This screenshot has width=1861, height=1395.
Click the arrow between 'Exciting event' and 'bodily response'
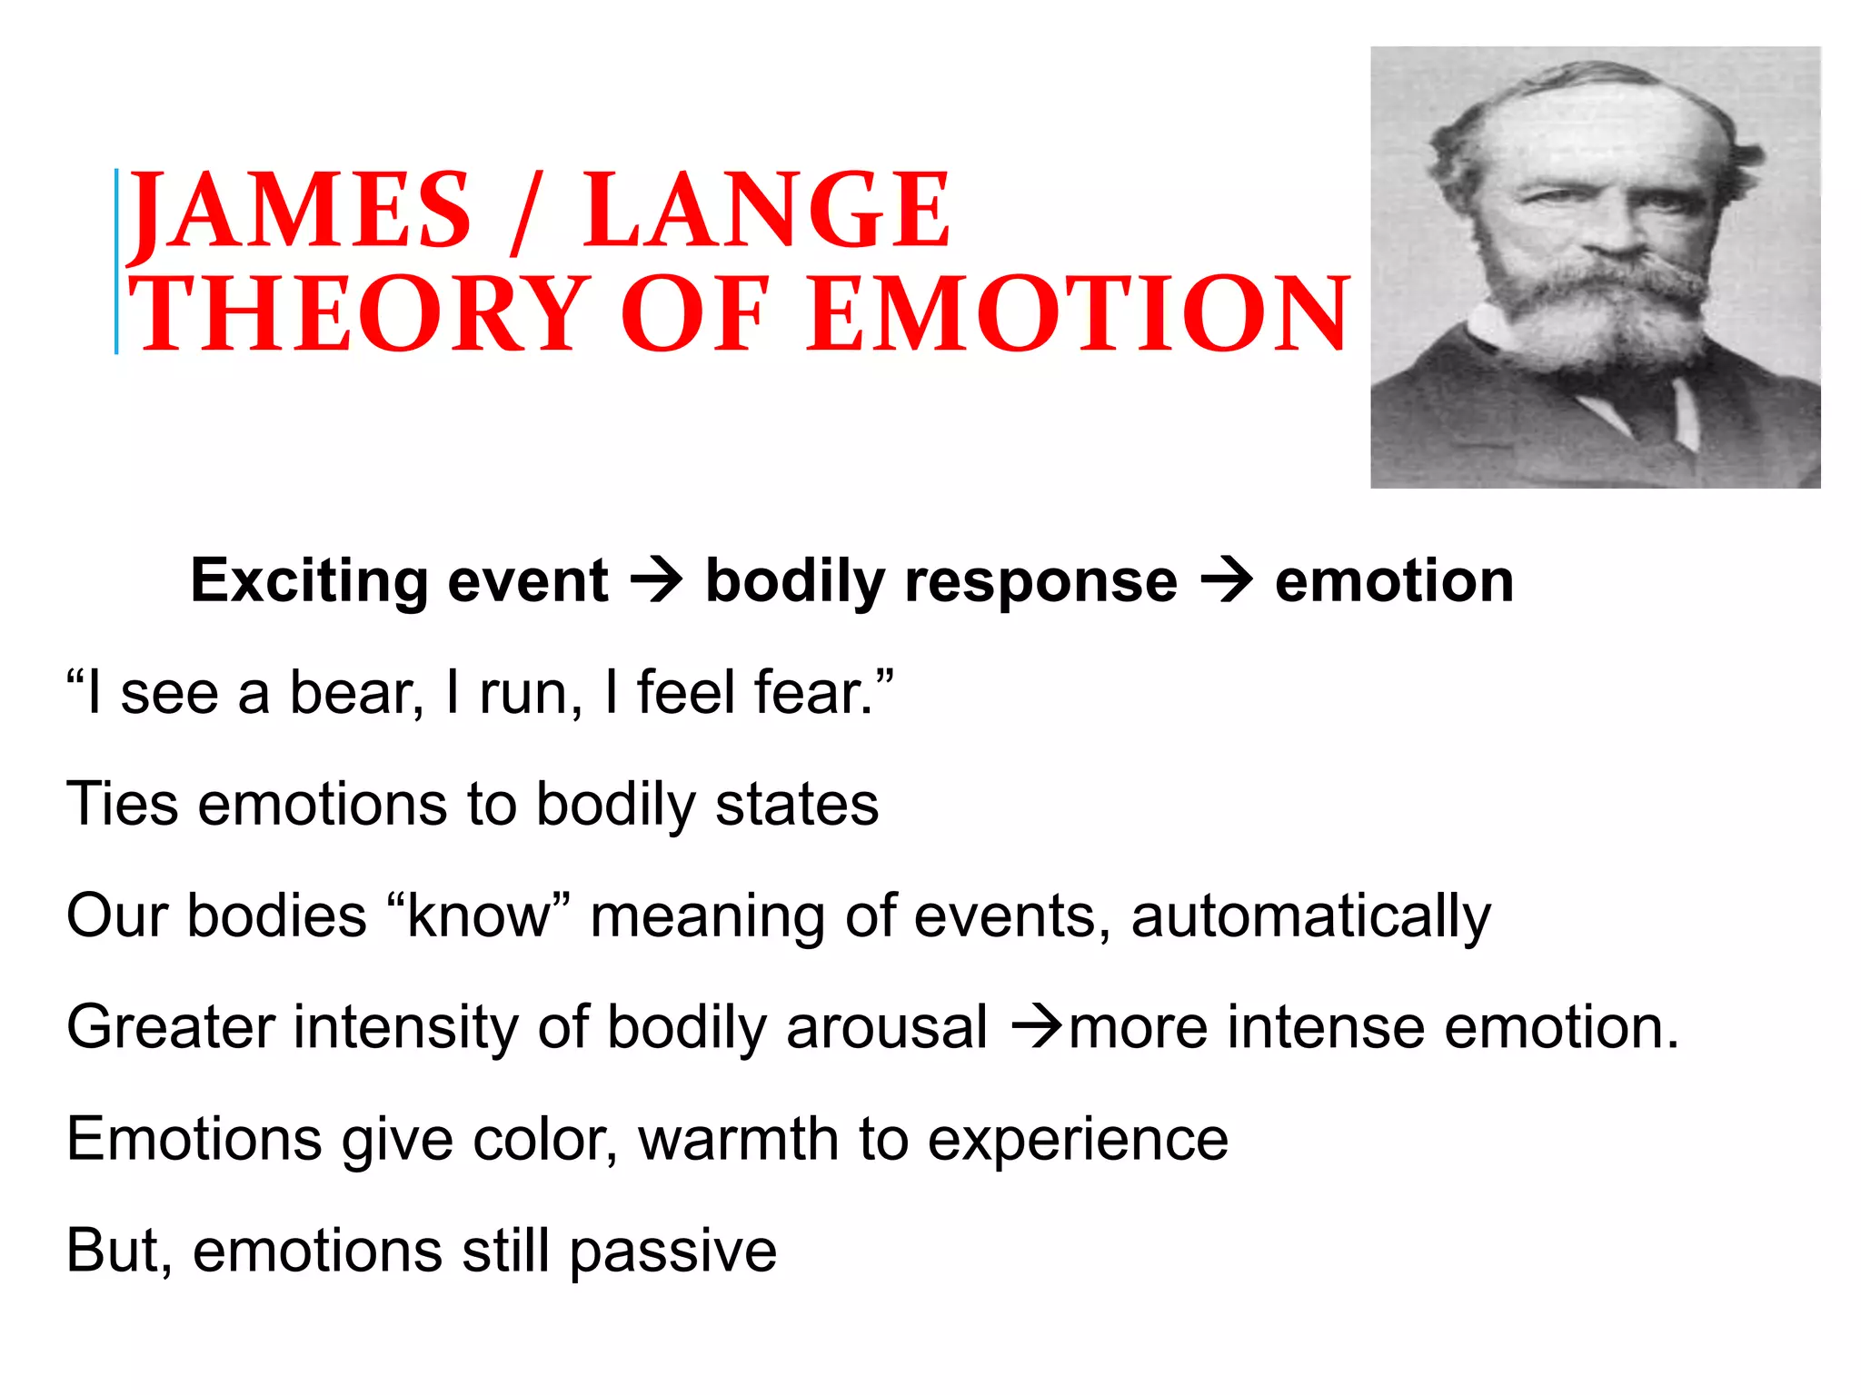[x=656, y=581]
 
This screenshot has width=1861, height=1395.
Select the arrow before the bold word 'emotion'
[x=1226, y=581]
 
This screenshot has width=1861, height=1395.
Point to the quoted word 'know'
[x=479, y=916]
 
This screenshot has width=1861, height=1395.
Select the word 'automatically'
[x=1310, y=916]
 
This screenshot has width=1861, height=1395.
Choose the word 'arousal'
[x=886, y=1028]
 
